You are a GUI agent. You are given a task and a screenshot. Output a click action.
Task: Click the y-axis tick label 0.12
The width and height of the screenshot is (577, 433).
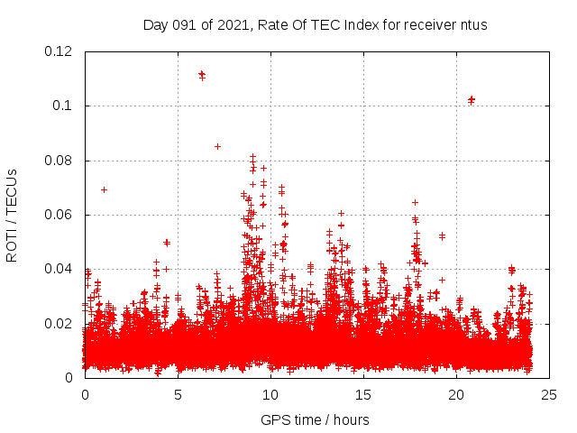click(x=60, y=51)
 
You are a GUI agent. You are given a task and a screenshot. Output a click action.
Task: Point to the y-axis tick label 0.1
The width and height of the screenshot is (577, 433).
click(x=64, y=106)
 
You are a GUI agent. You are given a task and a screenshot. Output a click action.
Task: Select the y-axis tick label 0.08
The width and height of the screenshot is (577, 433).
click(x=60, y=161)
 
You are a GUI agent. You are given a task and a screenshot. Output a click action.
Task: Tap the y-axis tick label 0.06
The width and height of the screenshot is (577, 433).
click(x=60, y=215)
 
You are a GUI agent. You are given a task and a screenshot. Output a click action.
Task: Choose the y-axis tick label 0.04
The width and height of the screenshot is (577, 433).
click(x=60, y=269)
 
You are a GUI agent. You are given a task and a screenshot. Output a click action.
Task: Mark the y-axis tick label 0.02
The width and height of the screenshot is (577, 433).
click(x=60, y=323)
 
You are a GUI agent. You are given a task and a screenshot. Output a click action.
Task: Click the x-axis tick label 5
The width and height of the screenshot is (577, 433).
click(x=178, y=394)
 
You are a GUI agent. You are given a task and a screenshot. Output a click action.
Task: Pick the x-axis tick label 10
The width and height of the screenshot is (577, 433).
click(x=270, y=394)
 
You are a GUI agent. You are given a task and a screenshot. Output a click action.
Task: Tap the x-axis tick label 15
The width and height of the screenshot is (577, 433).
click(x=363, y=394)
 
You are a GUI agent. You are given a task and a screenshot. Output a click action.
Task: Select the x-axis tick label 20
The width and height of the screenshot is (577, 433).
click(x=455, y=394)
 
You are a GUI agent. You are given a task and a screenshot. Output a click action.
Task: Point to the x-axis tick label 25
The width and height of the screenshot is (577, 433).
click(x=548, y=394)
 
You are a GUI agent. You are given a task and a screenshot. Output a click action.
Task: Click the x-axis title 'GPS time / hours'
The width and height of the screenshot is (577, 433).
click(x=315, y=419)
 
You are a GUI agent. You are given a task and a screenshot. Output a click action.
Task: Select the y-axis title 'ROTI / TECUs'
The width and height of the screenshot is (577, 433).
click(x=12, y=215)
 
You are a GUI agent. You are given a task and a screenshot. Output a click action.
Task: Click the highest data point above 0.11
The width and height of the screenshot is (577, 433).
click(x=201, y=74)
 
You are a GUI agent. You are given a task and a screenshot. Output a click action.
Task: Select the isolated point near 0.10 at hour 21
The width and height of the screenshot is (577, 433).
click(x=471, y=99)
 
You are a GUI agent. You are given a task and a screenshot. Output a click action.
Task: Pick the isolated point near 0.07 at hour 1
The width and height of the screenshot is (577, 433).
click(x=104, y=189)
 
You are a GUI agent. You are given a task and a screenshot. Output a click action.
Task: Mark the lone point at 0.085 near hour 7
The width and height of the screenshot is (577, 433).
click(x=217, y=146)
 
